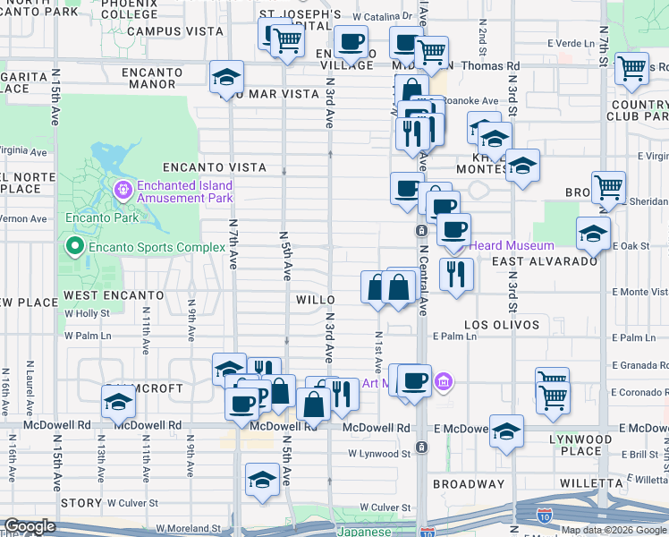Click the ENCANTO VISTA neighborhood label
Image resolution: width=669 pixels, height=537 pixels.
(215, 167)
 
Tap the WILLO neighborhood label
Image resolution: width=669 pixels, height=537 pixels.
(316, 301)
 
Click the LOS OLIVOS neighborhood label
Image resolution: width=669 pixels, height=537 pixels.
(502, 324)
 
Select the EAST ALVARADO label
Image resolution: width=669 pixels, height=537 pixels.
(545, 260)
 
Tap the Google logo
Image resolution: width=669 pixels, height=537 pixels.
(30, 526)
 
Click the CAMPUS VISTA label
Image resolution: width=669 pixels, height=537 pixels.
(174, 30)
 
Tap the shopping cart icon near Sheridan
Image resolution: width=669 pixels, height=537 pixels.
(608, 188)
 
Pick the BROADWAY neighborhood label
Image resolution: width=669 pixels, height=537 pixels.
(463, 483)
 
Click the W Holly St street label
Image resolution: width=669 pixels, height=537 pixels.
(88, 313)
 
